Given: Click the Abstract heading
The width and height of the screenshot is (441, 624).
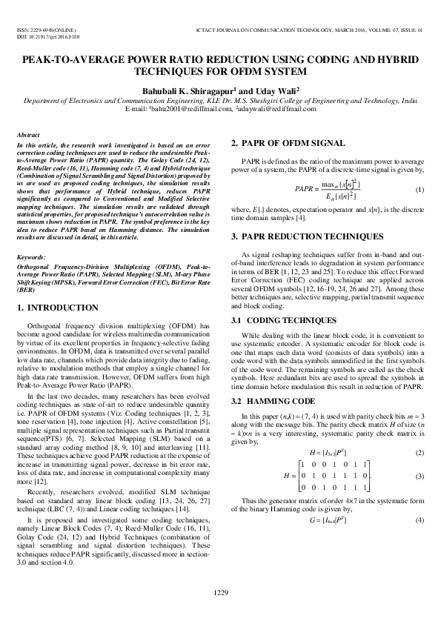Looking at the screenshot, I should (27, 136).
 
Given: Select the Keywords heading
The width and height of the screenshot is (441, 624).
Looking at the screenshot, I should (31, 257).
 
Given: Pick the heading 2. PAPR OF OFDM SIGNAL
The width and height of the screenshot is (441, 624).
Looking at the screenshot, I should (288, 143).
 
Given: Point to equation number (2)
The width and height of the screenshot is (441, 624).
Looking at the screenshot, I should (420, 453).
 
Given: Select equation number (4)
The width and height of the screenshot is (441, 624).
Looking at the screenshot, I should (420, 521).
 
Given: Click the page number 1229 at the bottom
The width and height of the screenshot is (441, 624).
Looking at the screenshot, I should (220, 591).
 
